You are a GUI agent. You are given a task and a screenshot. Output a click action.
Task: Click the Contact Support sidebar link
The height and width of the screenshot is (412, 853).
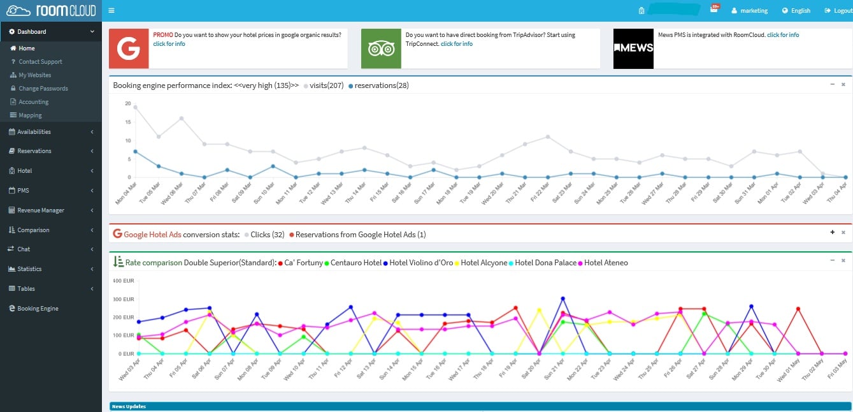coord(40,62)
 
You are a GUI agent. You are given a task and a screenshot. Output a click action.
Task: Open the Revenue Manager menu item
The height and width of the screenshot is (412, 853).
coord(41,210)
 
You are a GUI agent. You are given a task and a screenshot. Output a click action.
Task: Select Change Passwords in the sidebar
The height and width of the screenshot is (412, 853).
coord(43,89)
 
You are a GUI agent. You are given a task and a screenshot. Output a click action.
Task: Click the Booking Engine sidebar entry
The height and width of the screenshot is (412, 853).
coord(38,309)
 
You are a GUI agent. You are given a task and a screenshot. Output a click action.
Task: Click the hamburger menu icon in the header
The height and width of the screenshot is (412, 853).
coord(111,11)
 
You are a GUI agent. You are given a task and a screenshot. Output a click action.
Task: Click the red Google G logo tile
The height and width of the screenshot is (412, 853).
coord(129,48)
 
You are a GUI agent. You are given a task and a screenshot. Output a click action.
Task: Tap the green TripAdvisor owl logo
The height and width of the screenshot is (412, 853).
coord(381,48)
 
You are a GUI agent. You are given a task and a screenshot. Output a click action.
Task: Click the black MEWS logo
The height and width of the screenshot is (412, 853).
coord(633,48)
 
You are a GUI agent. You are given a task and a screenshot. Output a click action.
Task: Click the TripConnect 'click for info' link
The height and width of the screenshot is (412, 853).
coord(457,44)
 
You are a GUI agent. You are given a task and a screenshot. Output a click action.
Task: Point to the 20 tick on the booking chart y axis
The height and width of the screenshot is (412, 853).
coord(128,103)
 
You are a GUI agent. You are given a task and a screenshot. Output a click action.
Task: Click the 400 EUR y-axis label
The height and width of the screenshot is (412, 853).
coord(124,281)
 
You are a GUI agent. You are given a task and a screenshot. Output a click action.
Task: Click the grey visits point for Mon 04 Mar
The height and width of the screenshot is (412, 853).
coord(135,107)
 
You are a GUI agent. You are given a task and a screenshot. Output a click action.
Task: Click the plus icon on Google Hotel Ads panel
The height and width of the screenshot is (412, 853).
coord(832,233)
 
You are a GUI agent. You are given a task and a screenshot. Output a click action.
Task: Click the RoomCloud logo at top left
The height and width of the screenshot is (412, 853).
coord(51,11)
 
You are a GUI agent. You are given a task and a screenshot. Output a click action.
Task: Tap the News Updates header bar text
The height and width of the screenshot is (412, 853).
coord(129,406)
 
